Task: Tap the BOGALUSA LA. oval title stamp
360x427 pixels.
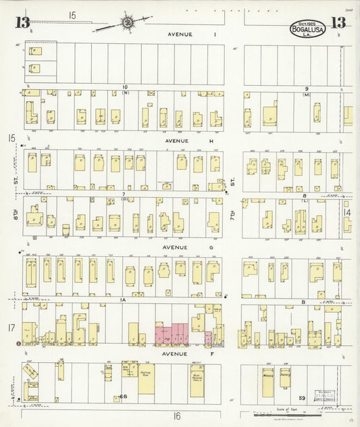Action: (307, 29)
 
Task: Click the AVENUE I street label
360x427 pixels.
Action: (183, 34)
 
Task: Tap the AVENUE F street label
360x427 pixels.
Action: (174, 353)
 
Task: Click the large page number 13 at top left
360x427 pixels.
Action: (22, 23)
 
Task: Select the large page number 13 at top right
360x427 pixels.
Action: (338, 23)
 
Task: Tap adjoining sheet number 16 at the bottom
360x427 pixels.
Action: (176, 416)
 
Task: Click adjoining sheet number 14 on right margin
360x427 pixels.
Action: (347, 212)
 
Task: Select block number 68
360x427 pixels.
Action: (123, 397)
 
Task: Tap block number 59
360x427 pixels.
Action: (302, 398)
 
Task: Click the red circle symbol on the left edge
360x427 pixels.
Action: (18, 344)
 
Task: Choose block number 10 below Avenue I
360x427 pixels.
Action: (125, 86)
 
